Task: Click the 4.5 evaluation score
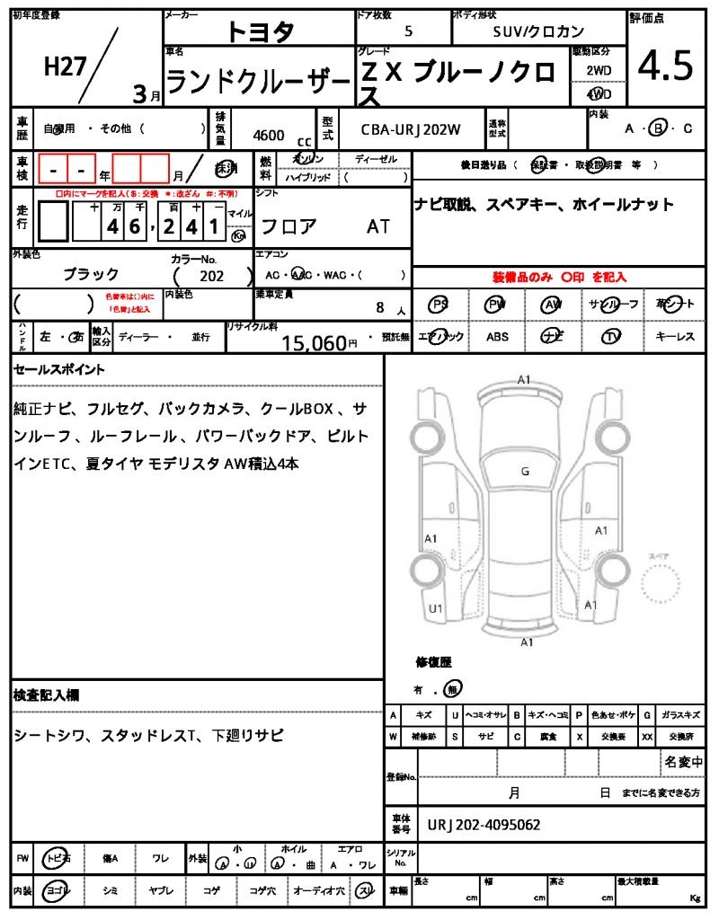[665, 66]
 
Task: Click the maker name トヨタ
[260, 31]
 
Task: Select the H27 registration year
[64, 68]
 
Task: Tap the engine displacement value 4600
[269, 136]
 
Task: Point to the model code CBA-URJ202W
[411, 129]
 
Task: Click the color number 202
[212, 277]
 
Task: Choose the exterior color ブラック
[91, 274]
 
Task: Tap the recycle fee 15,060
[314, 342]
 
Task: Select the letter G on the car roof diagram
[525, 471]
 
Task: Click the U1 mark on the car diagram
[436, 608]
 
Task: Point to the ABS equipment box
[497, 337]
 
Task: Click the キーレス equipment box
[675, 337]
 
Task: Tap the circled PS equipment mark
[439, 305]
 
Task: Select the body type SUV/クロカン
[538, 31]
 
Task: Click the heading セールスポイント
[59, 369]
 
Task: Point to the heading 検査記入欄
[47, 695]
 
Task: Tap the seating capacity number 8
[380, 308]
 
